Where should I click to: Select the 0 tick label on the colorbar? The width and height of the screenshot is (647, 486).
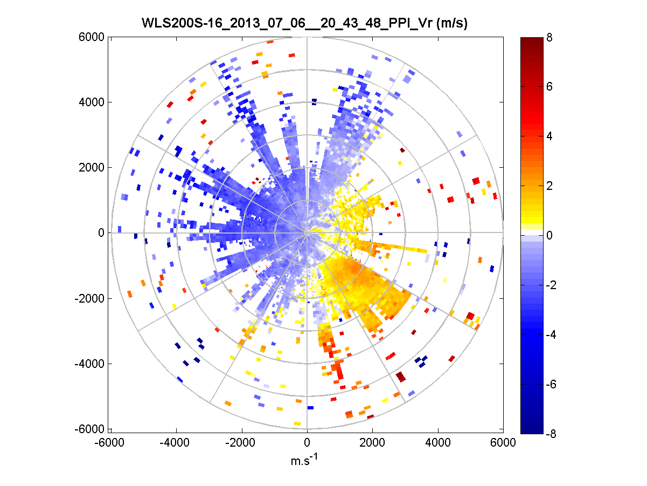tap(549, 235)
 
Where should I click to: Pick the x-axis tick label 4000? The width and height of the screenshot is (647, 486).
tap(438, 442)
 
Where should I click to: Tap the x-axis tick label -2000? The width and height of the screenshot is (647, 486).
tap(241, 442)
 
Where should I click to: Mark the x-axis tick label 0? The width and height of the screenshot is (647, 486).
tap(307, 442)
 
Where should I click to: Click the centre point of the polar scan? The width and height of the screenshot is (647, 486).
tap(307, 232)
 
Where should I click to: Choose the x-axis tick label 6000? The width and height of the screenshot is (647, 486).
tap(503, 442)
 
